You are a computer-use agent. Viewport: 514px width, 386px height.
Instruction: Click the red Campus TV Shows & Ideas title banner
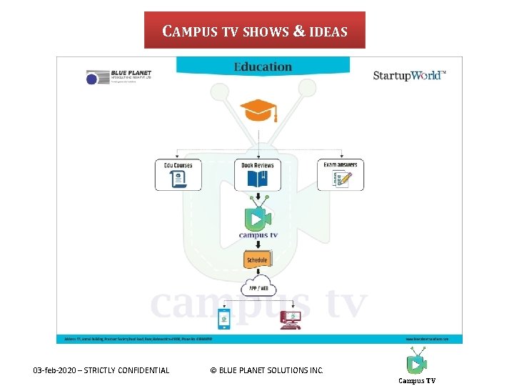pos(255,31)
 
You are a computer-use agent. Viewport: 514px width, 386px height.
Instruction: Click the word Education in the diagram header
pos(263,67)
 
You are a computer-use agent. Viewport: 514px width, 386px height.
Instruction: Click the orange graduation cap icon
pos(258,111)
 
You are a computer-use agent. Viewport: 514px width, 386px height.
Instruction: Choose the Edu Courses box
pos(178,174)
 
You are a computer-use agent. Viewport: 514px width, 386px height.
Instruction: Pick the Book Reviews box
pos(257,174)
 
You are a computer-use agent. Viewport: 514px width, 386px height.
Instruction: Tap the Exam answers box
pos(341,174)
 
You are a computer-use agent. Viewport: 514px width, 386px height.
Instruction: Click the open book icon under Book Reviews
pos(257,179)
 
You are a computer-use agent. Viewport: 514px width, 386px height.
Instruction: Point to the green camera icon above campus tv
pos(258,217)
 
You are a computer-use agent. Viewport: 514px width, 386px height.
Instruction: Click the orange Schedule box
pos(257,260)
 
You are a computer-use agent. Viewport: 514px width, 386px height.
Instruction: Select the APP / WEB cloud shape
pos(258,288)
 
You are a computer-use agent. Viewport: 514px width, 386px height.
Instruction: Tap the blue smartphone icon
pos(223,320)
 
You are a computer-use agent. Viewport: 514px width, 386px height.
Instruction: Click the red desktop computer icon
pos(291,320)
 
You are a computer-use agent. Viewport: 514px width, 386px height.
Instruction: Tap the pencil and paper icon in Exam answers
pos(342,179)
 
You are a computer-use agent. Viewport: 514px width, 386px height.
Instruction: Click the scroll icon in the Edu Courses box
pos(178,179)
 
